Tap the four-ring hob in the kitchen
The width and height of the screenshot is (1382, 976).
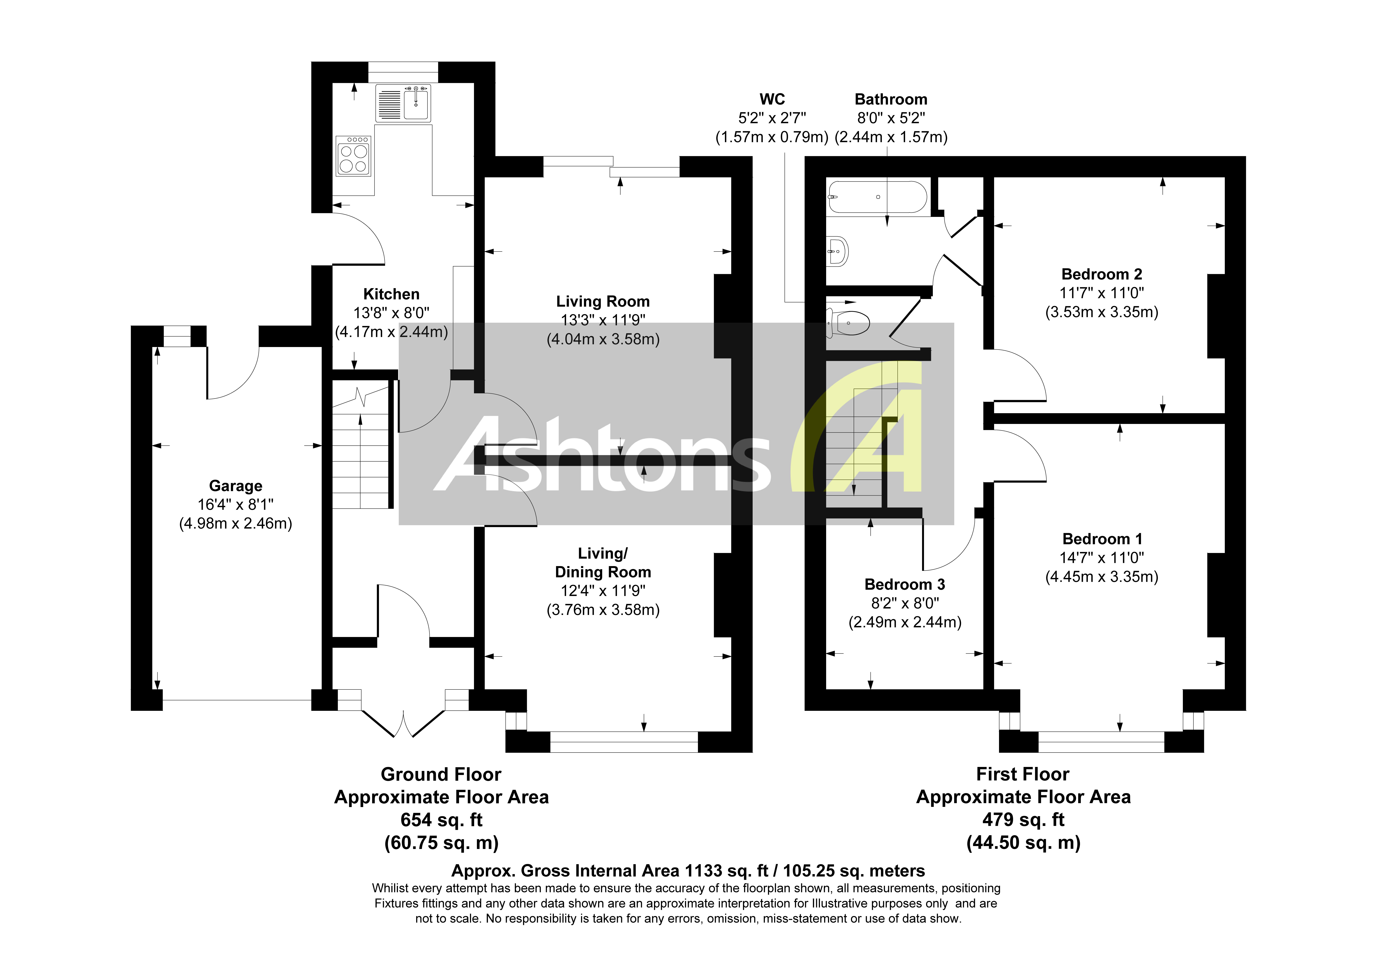click(x=353, y=156)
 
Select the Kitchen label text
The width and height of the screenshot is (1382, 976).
click(x=391, y=294)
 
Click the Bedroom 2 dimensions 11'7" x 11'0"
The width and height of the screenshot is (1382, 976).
click(x=1102, y=293)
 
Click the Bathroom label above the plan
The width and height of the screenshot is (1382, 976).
click(x=891, y=99)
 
